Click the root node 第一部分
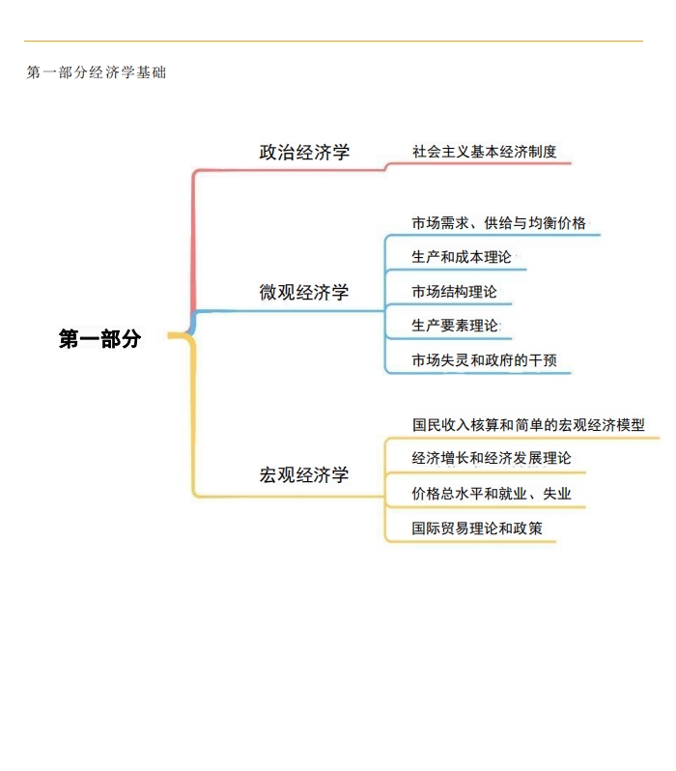click(99, 339)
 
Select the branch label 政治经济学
click(304, 152)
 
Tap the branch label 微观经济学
click(304, 292)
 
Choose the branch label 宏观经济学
click(304, 474)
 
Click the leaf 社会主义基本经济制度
click(484, 152)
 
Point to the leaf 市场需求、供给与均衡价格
click(499, 223)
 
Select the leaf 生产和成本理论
click(462, 257)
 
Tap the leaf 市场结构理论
click(454, 292)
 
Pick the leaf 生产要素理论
click(455, 326)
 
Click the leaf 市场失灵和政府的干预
click(484, 360)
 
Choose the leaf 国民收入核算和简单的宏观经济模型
click(528, 425)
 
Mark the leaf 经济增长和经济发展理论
click(492, 458)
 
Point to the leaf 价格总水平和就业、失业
click(492, 493)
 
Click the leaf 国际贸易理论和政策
click(477, 528)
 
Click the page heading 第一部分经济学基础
click(97, 72)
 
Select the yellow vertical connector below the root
click(193, 415)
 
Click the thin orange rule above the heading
click(333, 41)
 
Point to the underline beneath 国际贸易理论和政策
click(471, 541)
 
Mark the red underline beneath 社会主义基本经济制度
click(478, 163)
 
